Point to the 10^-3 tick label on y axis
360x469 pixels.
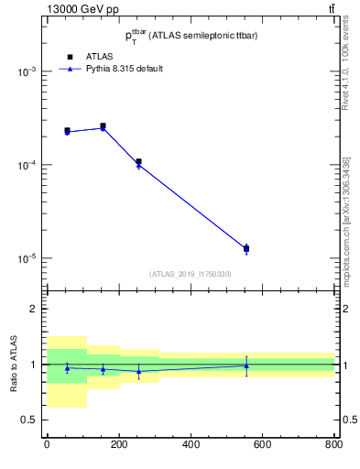pos(27,71)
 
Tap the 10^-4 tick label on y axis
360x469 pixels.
pos(27,165)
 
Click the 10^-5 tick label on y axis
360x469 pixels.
pos(27,258)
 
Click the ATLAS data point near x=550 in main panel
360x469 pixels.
pos(246,248)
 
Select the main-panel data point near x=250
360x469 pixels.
pos(138,162)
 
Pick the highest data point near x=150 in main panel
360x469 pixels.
pos(103,126)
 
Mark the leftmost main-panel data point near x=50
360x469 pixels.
pos(67,131)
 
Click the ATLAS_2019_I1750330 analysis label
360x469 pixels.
pos(190,274)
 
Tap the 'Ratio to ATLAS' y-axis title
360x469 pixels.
pos(12,364)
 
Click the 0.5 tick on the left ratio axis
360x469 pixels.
pos(30,420)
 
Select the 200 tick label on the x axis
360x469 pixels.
pos(118,445)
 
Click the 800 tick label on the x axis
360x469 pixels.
pos(333,445)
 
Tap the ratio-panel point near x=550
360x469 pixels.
pos(246,365)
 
